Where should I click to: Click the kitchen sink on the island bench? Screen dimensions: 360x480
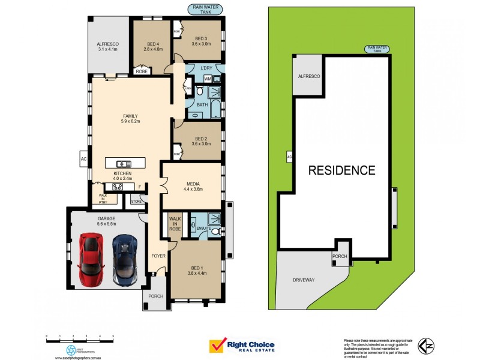pos(124,163)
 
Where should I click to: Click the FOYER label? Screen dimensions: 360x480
pos(158,256)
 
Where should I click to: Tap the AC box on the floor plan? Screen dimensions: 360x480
pos(83,159)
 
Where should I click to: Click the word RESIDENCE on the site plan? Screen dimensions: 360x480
pos(341,170)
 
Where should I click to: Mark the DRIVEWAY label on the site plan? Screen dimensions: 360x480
pos(305,280)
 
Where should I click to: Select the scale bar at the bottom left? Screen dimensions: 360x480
pos(79,337)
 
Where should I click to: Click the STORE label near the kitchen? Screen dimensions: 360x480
pos(136,202)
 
